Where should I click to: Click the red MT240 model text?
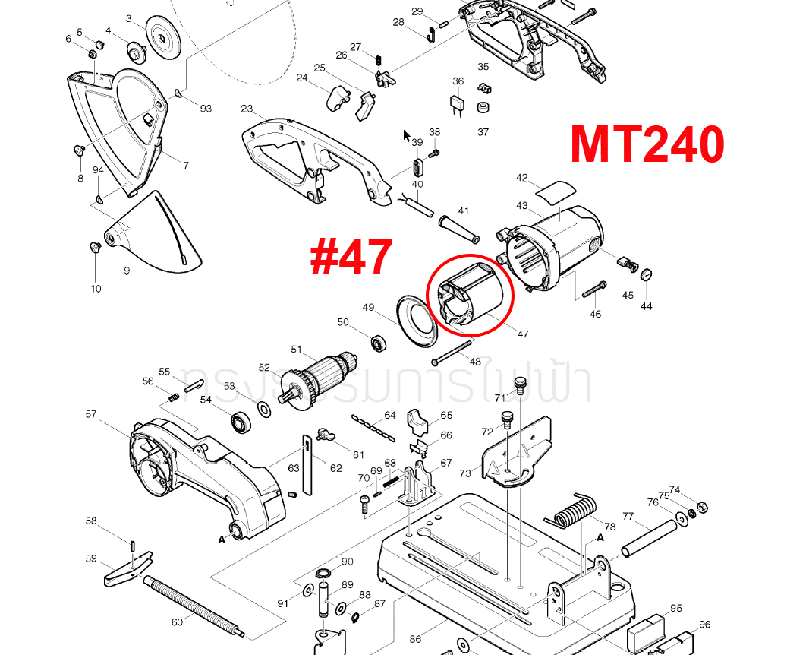647,144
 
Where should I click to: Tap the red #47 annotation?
351,257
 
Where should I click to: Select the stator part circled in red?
470,295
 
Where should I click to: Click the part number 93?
206,109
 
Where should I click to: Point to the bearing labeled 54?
243,421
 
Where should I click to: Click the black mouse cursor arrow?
407,137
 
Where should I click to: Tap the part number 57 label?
91,414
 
